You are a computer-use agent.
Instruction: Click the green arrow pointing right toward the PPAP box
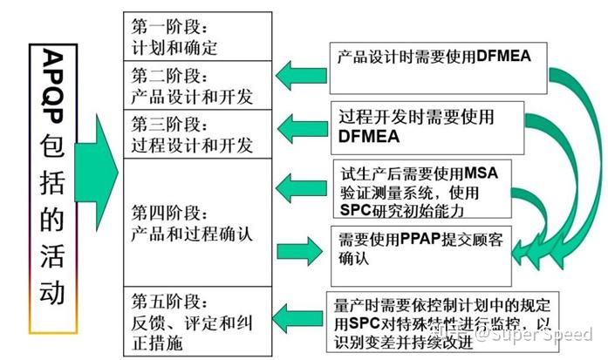[301, 250]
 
